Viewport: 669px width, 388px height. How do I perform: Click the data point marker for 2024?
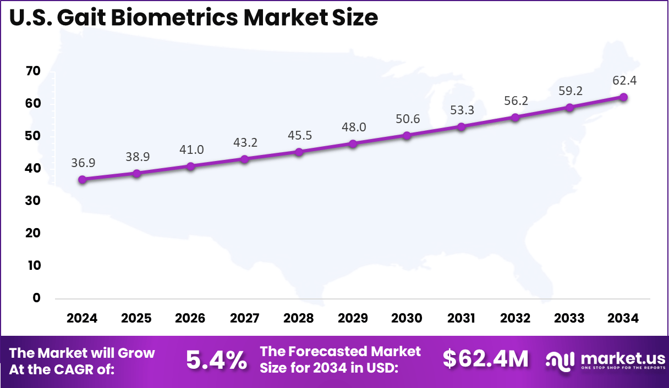[x=82, y=179]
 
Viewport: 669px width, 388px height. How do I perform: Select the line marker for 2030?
[x=407, y=135]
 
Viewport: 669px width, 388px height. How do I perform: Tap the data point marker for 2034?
[x=623, y=97]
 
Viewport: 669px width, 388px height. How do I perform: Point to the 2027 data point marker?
[x=244, y=159]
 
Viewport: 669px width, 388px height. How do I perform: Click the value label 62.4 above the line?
[x=623, y=81]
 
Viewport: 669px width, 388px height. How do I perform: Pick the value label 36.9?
[x=82, y=163]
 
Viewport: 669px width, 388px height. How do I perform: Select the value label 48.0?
[x=353, y=127]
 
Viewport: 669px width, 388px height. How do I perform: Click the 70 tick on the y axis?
[x=33, y=71]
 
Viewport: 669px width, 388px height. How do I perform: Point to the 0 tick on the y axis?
[x=36, y=298]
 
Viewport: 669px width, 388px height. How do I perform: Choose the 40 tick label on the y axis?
[x=33, y=168]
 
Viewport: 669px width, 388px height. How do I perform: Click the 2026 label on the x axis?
[x=190, y=318]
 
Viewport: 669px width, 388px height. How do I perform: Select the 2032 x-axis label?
[x=515, y=318]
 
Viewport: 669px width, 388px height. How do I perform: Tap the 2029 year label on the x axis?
[x=353, y=318]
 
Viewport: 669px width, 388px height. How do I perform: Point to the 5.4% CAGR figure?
[x=216, y=360]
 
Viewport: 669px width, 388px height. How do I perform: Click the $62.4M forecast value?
[x=485, y=359]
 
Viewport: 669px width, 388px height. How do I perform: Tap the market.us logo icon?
[x=560, y=359]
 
